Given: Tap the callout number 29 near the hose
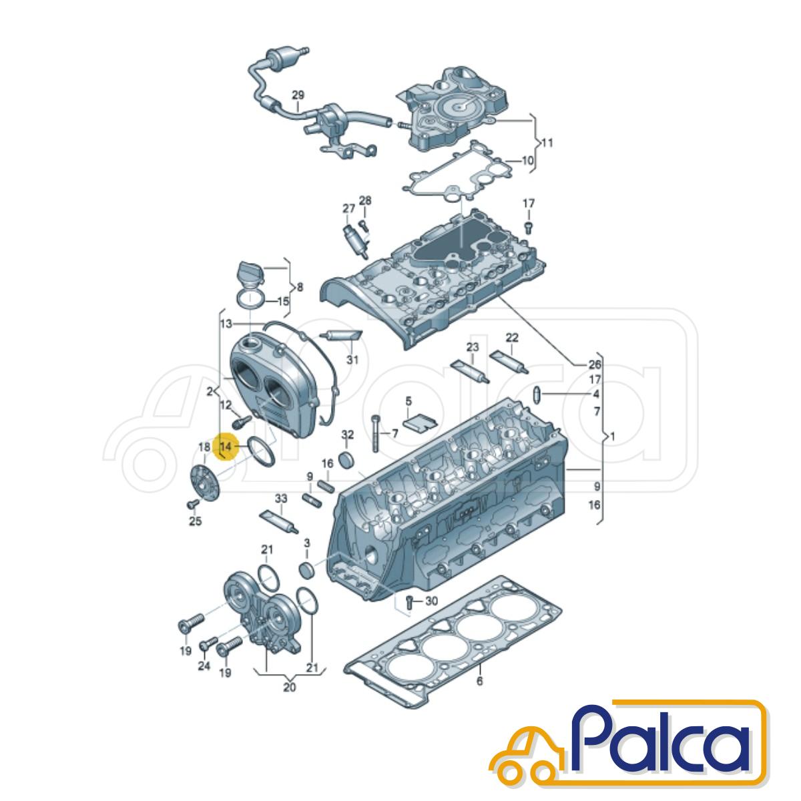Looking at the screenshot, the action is [x=298, y=95].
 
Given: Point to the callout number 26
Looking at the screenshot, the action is [x=595, y=364].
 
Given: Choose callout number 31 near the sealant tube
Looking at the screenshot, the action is [x=352, y=358].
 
